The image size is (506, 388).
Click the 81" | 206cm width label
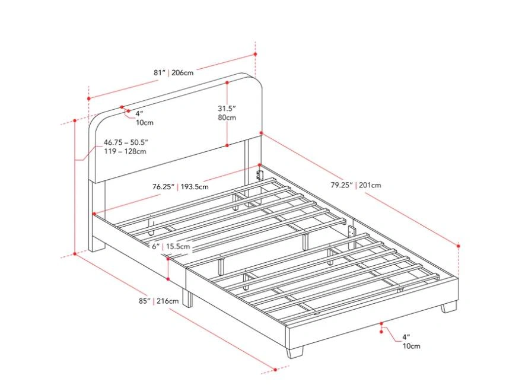click(x=174, y=72)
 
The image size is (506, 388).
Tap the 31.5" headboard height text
click(x=227, y=108)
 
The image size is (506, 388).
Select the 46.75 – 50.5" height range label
click(x=126, y=142)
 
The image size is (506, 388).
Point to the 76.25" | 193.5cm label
click(x=180, y=186)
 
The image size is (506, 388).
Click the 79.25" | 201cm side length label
click(x=355, y=185)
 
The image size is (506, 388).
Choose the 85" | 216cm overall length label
click(x=158, y=301)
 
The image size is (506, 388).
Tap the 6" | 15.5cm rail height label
click(x=171, y=247)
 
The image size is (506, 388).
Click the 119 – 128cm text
click(x=125, y=151)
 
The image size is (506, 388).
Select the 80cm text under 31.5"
click(x=227, y=117)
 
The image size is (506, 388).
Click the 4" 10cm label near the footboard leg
click(x=411, y=342)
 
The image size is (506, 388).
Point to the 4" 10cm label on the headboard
click(x=144, y=118)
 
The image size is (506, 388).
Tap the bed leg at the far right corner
click(x=449, y=307)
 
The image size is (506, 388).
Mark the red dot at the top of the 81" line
click(x=255, y=54)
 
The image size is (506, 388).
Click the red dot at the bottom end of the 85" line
click(x=275, y=370)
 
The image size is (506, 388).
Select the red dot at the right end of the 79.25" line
click(x=458, y=246)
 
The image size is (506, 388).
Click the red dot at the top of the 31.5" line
click(x=227, y=82)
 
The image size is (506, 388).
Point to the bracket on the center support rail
click(x=352, y=232)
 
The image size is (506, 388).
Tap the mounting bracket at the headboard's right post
click(x=259, y=173)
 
